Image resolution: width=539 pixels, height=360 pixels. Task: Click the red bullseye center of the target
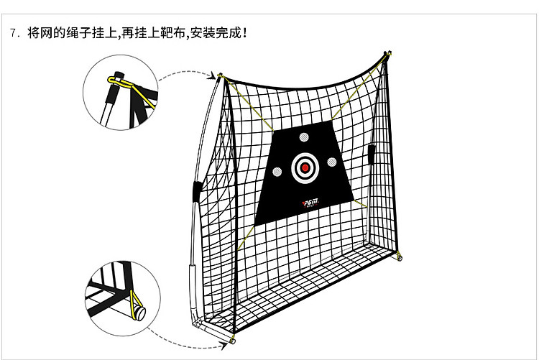click(305, 168)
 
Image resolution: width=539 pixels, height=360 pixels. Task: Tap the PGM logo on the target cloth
click(311, 203)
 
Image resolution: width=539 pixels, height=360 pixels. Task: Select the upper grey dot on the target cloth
click(304, 137)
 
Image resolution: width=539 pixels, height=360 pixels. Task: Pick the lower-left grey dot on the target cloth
click(277, 172)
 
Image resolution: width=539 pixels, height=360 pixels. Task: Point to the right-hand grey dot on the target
click(332, 162)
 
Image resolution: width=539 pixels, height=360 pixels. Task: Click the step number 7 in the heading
click(13, 33)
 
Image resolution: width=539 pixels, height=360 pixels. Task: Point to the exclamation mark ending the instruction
click(244, 33)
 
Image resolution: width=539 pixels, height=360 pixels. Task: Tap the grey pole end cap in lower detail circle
click(140, 313)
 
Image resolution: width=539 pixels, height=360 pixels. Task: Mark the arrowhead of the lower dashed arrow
click(223, 346)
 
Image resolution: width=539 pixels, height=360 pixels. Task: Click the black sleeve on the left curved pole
click(197, 192)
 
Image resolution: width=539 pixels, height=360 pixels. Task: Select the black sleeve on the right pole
click(372, 154)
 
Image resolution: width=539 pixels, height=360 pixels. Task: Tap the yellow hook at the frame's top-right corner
click(388, 55)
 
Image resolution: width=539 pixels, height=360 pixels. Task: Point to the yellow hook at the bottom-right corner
click(399, 256)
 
